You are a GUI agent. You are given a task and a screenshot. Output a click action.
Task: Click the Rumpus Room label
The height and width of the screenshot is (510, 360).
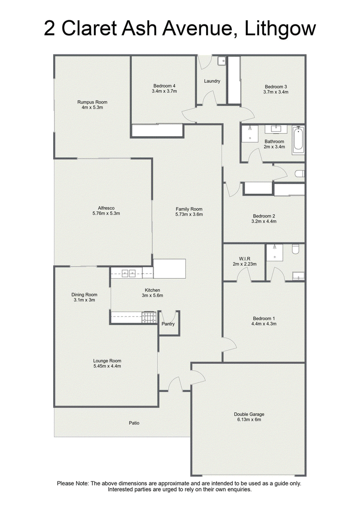pyautogui.click(x=92, y=102)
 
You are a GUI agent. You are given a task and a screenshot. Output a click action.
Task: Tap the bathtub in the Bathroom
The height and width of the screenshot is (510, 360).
pyautogui.click(x=298, y=140)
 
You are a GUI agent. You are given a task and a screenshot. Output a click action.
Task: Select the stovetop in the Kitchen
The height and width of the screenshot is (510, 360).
pyautogui.click(x=149, y=317)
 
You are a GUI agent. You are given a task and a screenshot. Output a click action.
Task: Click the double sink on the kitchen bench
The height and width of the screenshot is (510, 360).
pyautogui.click(x=129, y=273)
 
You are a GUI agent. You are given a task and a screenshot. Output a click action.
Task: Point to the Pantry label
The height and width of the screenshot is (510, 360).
pyautogui.click(x=168, y=324)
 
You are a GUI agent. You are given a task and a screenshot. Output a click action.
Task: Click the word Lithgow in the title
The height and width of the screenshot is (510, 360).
pyautogui.click(x=280, y=29)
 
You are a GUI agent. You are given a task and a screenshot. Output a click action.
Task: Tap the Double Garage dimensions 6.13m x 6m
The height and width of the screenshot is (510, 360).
pyautogui.click(x=249, y=420)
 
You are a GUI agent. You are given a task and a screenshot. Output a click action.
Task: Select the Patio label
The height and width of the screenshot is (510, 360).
pyautogui.click(x=134, y=423)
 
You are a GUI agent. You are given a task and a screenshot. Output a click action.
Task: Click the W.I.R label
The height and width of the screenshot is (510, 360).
pyautogui.click(x=244, y=259)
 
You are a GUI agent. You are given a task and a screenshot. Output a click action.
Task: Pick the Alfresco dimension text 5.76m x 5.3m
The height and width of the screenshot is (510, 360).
pyautogui.click(x=106, y=213)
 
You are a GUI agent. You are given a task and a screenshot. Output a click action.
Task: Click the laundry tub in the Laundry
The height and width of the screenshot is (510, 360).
pyautogui.click(x=222, y=60)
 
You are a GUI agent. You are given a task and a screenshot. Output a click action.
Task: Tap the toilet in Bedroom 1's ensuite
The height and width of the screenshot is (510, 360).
pyautogui.click(x=295, y=249)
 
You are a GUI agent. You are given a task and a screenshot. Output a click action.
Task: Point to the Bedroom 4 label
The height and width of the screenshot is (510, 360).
pyautogui.click(x=164, y=86)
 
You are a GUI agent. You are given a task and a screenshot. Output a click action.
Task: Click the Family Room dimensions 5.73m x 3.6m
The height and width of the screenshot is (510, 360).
pyautogui.click(x=189, y=214)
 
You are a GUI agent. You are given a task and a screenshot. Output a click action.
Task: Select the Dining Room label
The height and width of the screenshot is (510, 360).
pyautogui.click(x=84, y=295)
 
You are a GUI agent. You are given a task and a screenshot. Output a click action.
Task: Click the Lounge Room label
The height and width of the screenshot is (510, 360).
pyautogui.click(x=107, y=361)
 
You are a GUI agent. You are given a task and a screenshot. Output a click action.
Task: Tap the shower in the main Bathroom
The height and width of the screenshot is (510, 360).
pyautogui.click(x=250, y=133)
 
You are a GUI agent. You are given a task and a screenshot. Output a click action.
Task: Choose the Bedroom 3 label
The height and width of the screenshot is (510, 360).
pyautogui.click(x=276, y=86)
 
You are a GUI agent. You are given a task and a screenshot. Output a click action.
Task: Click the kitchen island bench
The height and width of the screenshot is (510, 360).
pyautogui.click(x=170, y=269)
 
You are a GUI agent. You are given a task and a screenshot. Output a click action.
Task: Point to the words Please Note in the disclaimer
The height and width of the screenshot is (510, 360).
pyautogui.click(x=72, y=483)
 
